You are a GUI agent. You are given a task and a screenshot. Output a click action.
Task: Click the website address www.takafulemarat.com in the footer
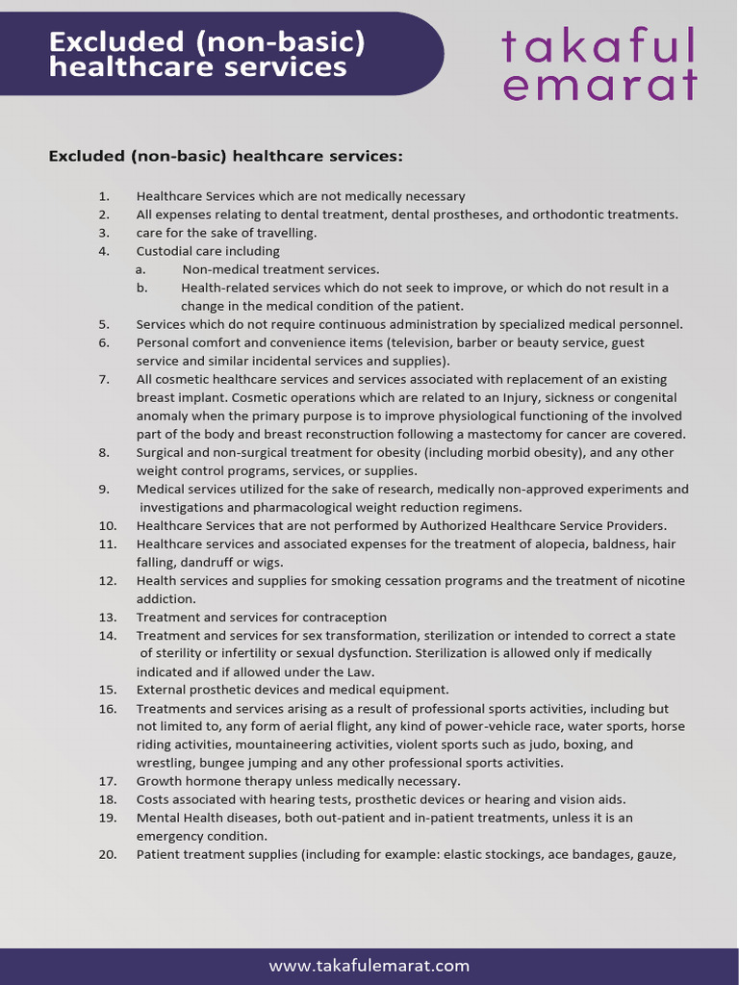tap(369, 966)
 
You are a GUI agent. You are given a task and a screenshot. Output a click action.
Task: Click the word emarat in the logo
tap(599, 86)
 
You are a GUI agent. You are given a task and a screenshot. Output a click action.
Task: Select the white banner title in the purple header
tap(207, 54)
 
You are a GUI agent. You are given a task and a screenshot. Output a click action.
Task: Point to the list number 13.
tap(107, 618)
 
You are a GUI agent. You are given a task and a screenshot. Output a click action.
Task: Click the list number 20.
tap(107, 854)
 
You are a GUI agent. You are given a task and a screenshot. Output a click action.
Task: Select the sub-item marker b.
tap(140, 288)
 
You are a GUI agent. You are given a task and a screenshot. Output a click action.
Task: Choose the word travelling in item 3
tap(285, 234)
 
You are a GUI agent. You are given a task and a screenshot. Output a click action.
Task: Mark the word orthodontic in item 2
tap(569, 215)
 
